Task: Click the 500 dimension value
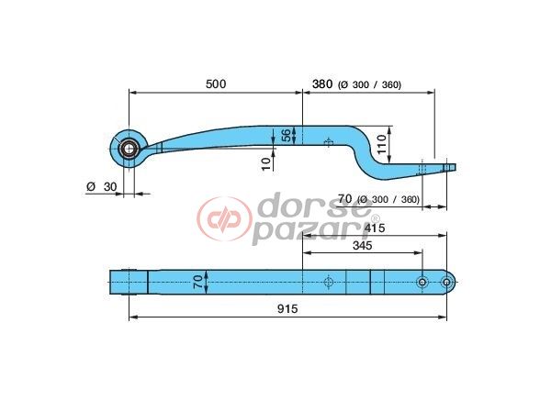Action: (x=215, y=84)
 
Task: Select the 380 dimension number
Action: (x=321, y=84)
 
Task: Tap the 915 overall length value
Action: (x=288, y=309)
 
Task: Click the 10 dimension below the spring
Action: (x=266, y=162)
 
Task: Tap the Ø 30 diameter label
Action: (x=102, y=186)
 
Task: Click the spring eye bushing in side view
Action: (x=128, y=147)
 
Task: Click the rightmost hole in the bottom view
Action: (x=445, y=281)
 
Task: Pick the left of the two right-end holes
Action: (x=422, y=281)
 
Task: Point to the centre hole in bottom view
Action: (x=328, y=281)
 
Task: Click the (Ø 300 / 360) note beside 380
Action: (x=370, y=85)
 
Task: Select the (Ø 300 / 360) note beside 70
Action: (x=389, y=199)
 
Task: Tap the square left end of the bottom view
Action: (x=129, y=280)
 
